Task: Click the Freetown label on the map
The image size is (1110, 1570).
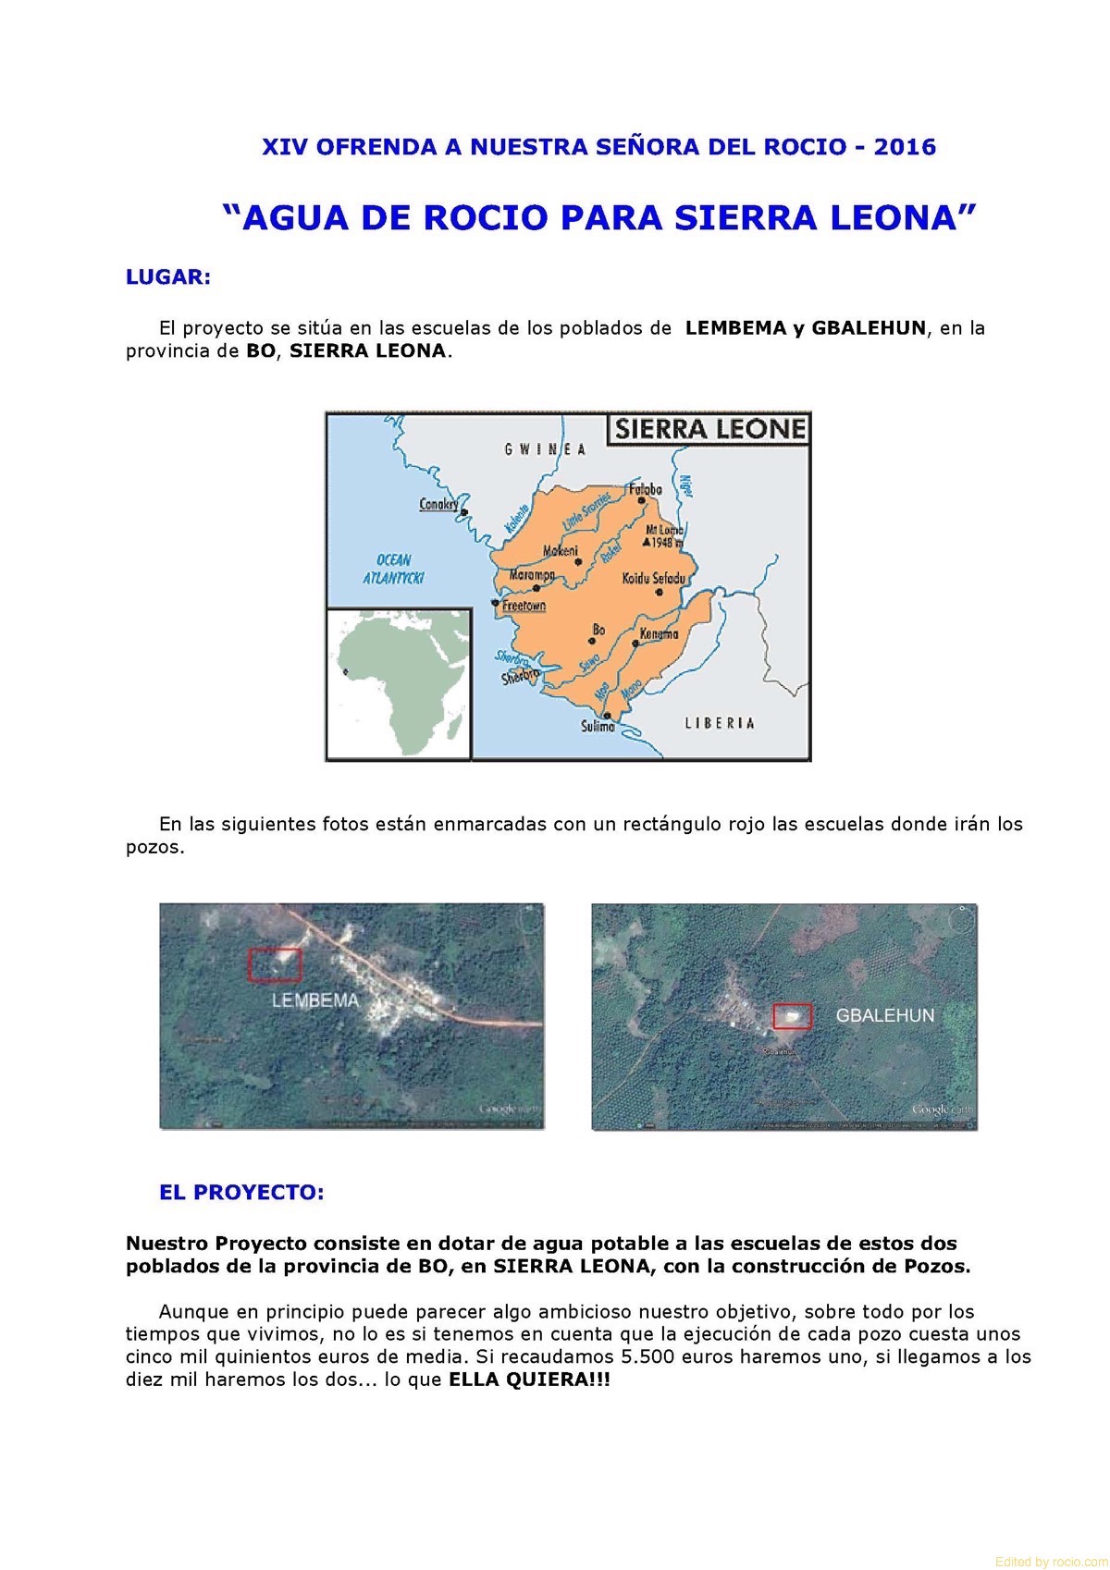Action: tap(524, 606)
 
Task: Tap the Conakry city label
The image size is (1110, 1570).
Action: tap(438, 504)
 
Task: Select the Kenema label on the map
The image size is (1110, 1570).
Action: tap(660, 634)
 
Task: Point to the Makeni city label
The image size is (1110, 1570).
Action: tap(561, 551)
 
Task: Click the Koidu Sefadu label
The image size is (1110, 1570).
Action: tap(654, 578)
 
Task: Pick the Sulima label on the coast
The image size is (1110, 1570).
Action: tap(598, 727)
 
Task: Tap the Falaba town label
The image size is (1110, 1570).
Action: tap(645, 489)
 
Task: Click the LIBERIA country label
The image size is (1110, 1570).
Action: tap(720, 723)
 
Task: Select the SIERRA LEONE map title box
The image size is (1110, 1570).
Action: tap(709, 429)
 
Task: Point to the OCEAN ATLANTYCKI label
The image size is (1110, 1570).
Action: tap(393, 569)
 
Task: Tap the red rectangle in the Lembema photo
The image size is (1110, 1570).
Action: tap(275, 964)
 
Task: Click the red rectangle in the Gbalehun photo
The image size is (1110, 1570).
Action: tap(793, 1015)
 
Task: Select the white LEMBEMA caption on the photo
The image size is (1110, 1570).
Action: tap(315, 1000)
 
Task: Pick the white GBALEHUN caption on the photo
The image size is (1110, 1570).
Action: tap(885, 1015)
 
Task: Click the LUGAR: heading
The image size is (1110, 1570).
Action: tap(168, 277)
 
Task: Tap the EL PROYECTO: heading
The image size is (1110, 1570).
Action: tap(241, 1193)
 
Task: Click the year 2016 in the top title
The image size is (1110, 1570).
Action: tap(905, 147)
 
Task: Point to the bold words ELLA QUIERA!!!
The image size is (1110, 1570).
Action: tap(529, 1380)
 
